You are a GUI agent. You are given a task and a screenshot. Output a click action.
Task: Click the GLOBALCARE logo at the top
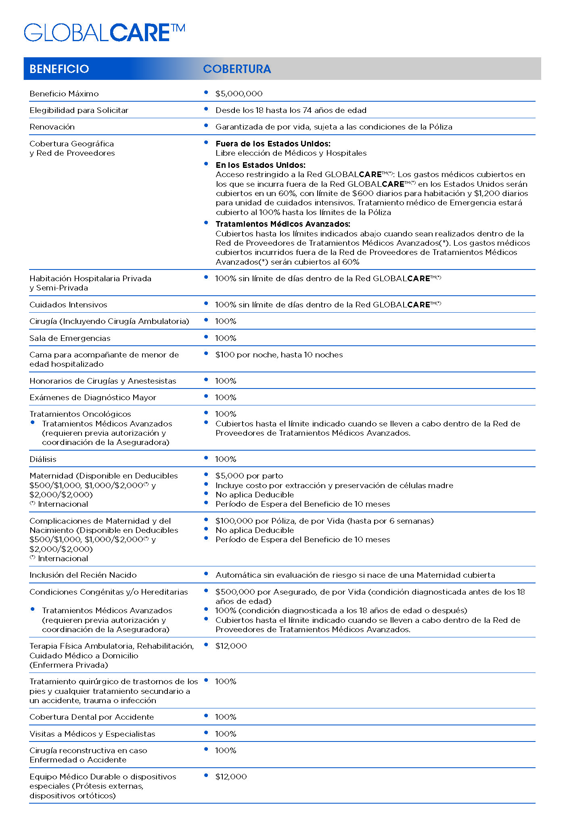104,33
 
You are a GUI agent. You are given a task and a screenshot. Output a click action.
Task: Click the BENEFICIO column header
59,69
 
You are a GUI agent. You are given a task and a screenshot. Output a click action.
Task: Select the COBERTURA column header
237,69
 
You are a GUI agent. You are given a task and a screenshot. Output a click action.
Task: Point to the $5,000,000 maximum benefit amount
239,94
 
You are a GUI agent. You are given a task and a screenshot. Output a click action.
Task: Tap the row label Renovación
52,127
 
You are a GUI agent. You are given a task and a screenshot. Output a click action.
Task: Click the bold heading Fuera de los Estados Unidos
273,144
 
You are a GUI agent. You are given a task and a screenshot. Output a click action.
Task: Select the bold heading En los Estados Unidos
260,165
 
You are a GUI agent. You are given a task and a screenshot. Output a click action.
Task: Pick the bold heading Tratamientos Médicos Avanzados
282,224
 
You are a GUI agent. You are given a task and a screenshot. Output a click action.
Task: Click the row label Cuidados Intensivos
68,305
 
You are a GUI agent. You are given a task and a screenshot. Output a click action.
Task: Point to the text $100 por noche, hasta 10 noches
279,355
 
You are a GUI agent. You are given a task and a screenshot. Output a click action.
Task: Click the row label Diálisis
43,459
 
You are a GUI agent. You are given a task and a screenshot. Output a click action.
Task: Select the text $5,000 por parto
249,476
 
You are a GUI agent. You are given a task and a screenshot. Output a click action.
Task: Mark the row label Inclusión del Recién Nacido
83,575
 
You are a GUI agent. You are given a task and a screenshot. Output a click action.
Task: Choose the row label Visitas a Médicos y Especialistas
92,734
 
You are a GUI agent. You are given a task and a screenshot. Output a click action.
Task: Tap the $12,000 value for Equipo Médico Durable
231,777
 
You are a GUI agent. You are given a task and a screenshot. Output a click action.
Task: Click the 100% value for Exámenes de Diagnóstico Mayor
226,398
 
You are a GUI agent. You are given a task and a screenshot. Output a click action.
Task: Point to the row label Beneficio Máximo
64,94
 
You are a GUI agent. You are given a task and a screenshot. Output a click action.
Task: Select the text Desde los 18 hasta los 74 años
291,111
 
